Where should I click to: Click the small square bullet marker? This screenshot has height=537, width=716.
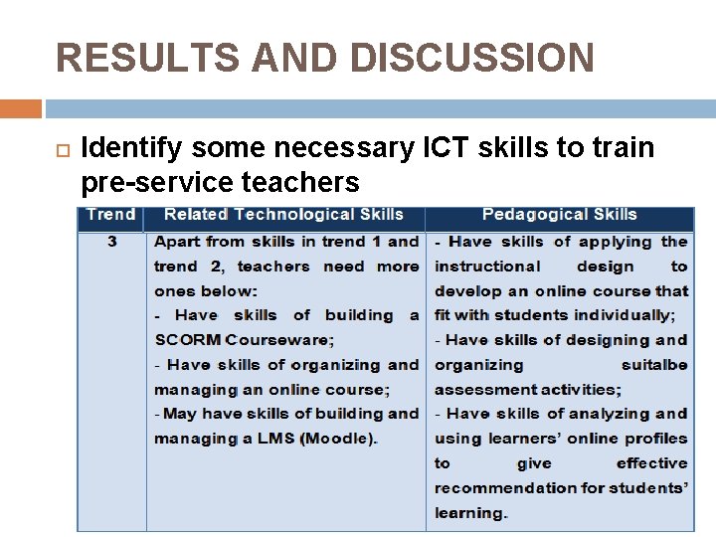click(x=60, y=149)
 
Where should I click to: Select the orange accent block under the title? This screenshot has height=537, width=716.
click(x=21, y=107)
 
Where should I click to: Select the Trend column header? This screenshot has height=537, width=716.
click(x=111, y=215)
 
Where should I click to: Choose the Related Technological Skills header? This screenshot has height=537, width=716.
click(x=283, y=215)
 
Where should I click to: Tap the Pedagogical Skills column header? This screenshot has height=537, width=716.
click(x=559, y=215)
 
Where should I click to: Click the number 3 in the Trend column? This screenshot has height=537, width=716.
click(x=111, y=242)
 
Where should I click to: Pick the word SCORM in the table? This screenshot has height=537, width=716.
click(x=188, y=340)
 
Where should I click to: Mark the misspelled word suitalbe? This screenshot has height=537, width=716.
click(x=654, y=365)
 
